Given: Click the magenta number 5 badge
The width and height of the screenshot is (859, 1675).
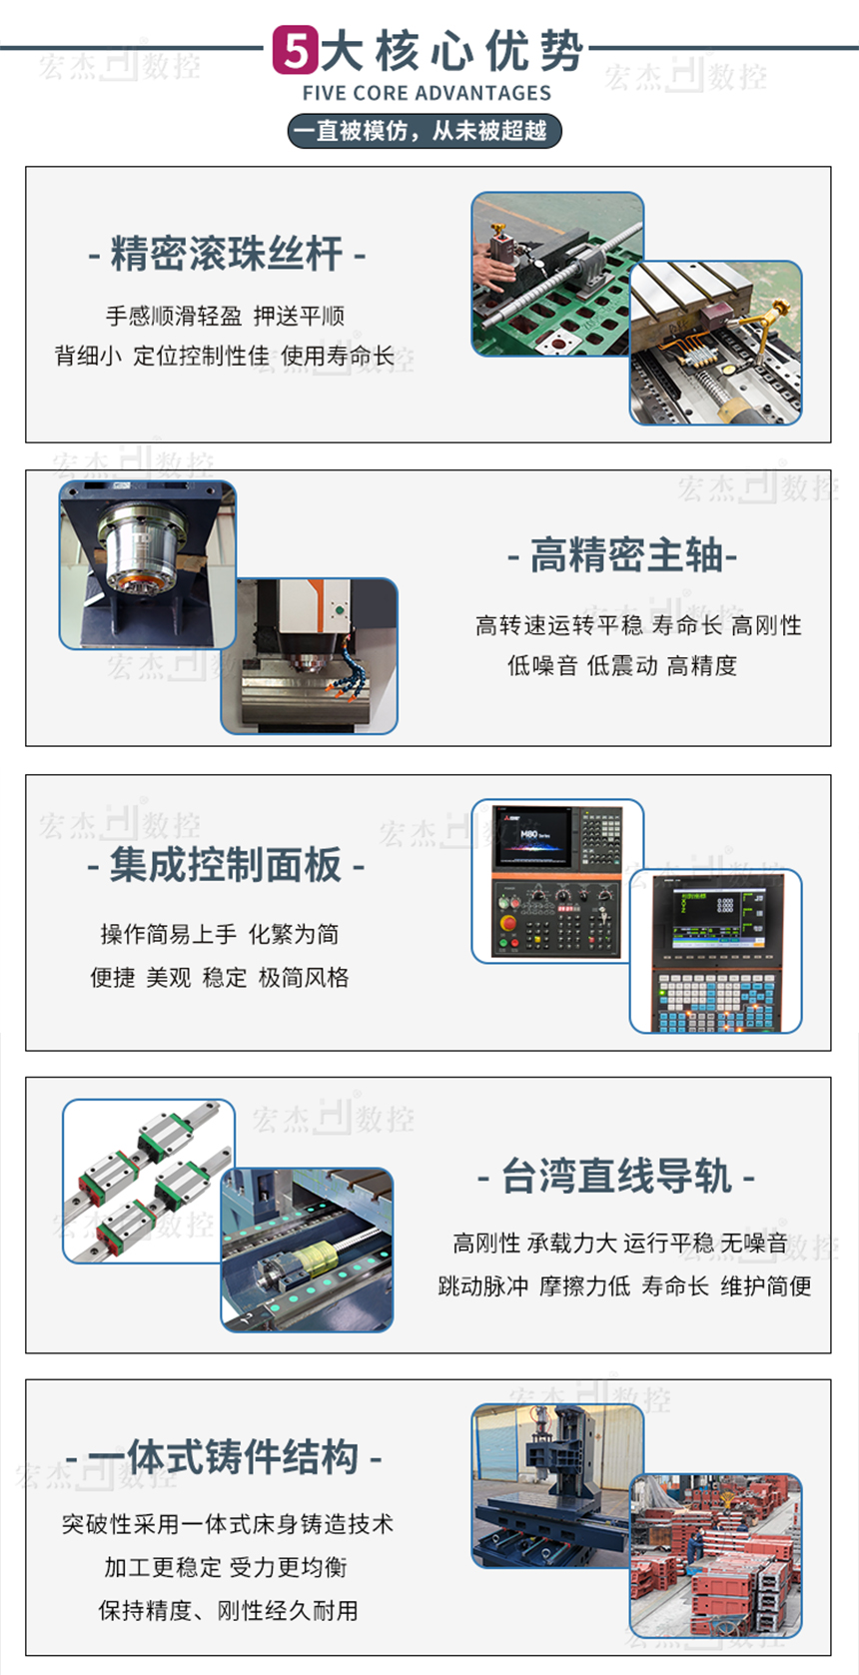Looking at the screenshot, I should [296, 50].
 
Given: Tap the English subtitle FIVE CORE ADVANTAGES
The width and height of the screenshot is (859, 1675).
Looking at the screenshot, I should [427, 93].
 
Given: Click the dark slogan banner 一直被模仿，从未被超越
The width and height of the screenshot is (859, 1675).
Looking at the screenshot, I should [425, 131].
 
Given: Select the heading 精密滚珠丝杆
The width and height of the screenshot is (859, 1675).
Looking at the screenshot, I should [227, 254].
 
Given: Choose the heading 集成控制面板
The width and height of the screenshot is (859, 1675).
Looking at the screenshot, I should [226, 865].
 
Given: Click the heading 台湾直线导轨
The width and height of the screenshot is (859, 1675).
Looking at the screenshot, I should [616, 1176].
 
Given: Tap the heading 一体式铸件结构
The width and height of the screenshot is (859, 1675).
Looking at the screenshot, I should [225, 1458].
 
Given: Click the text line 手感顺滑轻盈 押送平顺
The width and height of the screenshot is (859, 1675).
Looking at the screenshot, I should [225, 317].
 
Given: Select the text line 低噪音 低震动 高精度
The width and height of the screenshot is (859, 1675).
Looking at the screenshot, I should [622, 665].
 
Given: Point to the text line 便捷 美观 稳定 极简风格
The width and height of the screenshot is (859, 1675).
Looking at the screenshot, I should [220, 978].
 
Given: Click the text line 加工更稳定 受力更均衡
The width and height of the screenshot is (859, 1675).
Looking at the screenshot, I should [226, 1567].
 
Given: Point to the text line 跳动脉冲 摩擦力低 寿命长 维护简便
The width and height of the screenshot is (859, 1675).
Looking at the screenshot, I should [625, 1286].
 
